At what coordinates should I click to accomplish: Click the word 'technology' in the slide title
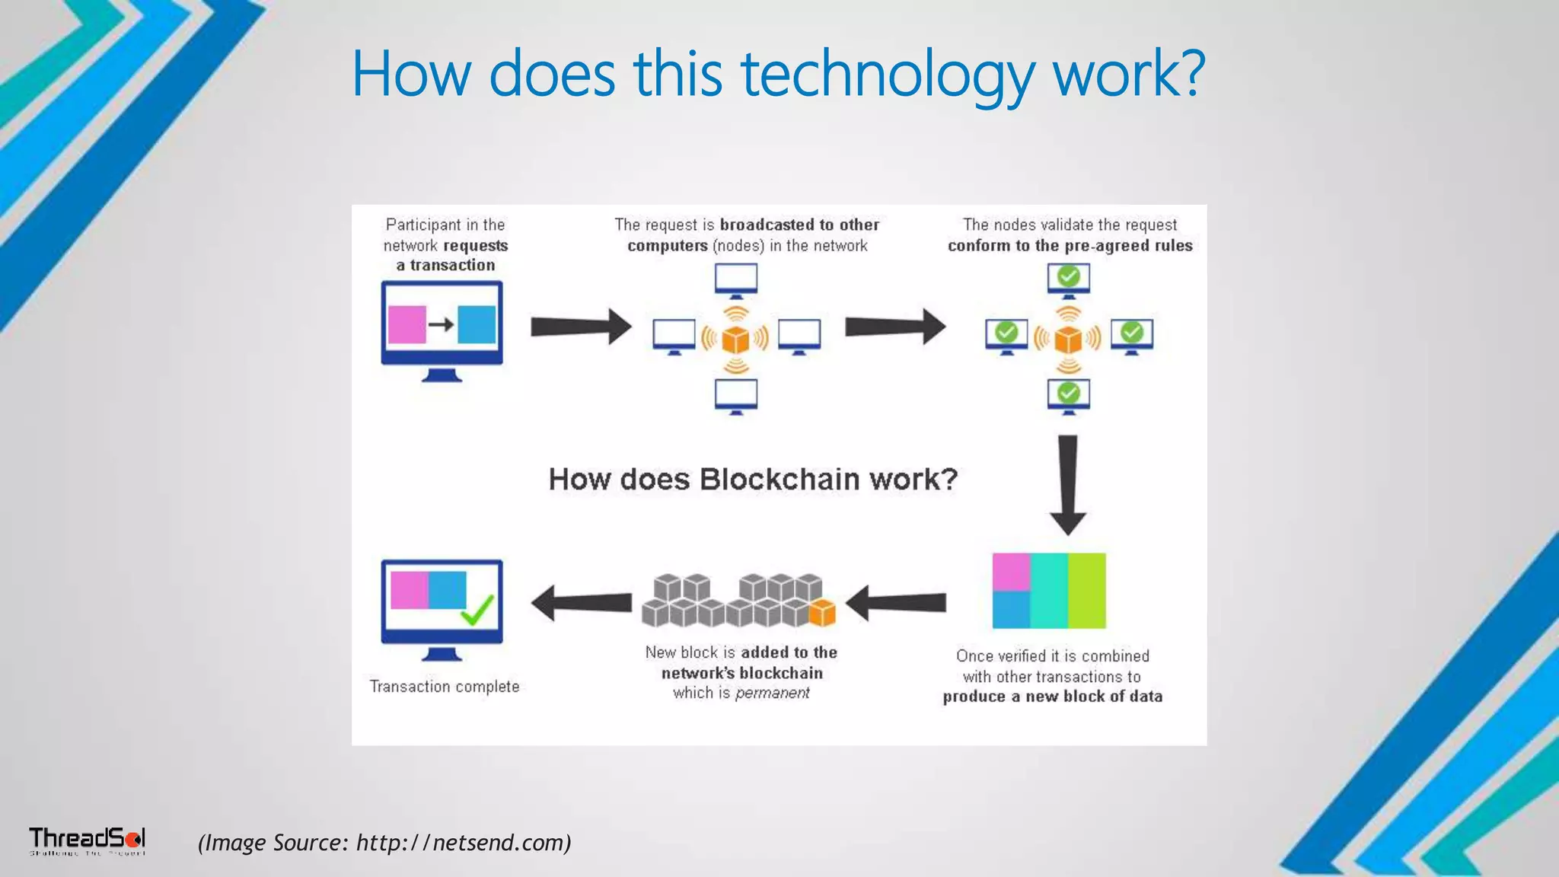coord(888,75)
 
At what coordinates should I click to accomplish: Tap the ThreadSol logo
coord(87,840)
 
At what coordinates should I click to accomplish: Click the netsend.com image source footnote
coord(384,843)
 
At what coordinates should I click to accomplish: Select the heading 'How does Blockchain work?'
coord(753,480)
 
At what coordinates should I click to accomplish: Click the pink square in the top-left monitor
coord(406,325)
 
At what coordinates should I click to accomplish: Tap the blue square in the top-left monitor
coord(477,325)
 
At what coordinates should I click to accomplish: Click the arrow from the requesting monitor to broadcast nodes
coord(581,327)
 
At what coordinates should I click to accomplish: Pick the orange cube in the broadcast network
coord(736,339)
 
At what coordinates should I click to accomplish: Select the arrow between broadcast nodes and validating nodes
coord(895,327)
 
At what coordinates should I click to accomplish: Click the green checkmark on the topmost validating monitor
coord(1069,276)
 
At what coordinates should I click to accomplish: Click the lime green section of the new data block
coord(1086,591)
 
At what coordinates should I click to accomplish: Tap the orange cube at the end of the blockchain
coord(822,612)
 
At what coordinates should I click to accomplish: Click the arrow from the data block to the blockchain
coord(896,604)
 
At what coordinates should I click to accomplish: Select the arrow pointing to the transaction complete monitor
coord(582,604)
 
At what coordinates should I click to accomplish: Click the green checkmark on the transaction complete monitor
coord(478,609)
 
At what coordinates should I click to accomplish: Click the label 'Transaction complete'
coord(445,687)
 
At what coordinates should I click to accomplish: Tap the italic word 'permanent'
coord(772,694)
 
